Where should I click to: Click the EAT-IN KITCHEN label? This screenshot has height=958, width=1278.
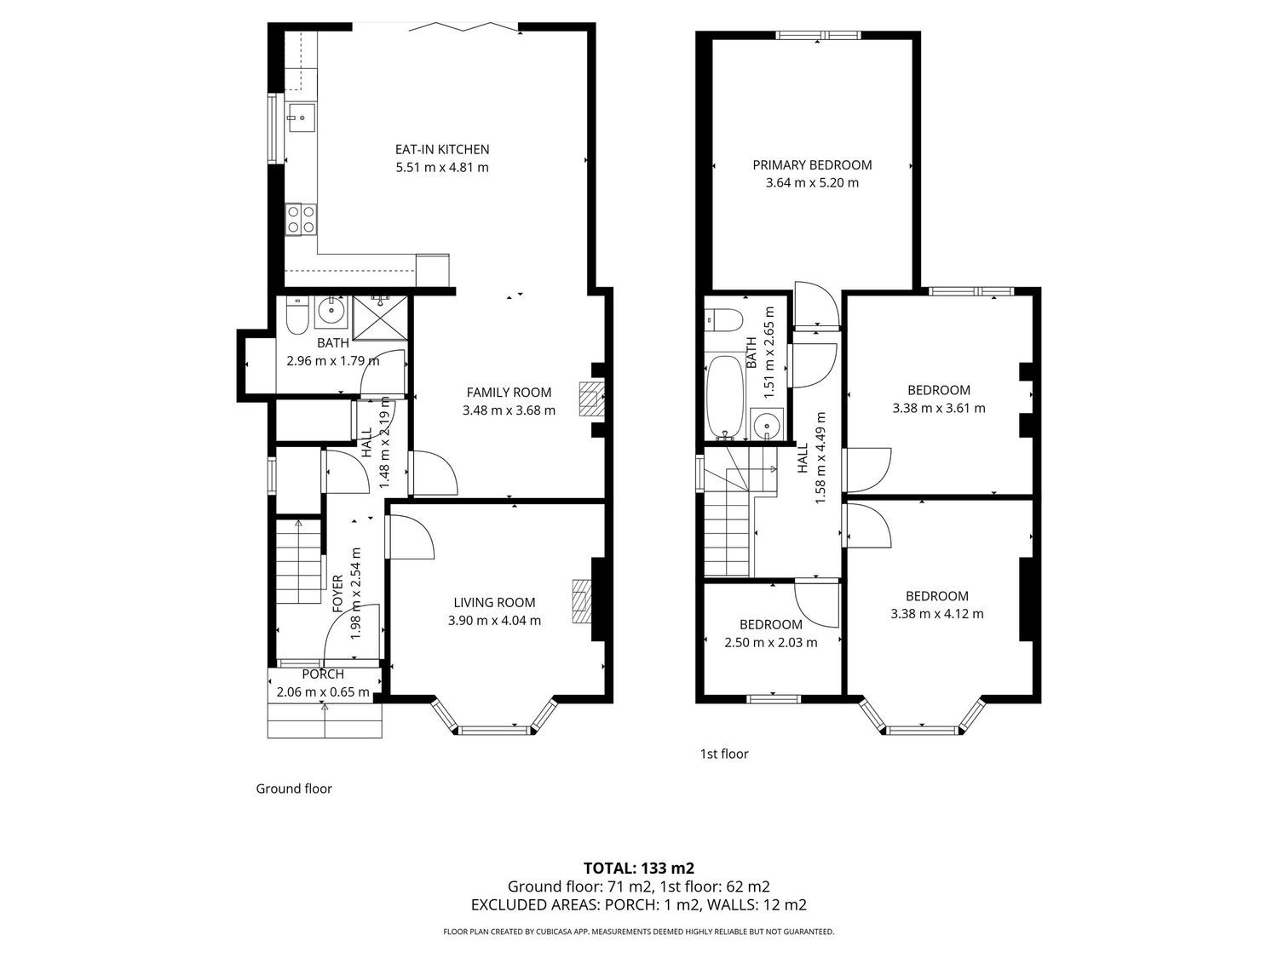click(442, 150)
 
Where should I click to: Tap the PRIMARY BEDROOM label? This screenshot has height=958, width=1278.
click(812, 165)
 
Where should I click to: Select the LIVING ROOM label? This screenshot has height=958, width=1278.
click(494, 603)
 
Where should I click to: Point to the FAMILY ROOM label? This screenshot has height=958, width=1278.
click(509, 393)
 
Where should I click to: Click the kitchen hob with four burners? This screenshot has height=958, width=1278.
click(301, 220)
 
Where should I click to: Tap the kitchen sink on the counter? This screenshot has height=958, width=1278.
click(301, 118)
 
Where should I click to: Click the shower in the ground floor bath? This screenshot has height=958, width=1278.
click(381, 317)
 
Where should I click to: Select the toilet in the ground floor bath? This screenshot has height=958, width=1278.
click(296, 317)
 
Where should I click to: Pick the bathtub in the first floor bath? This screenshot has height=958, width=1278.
click(725, 398)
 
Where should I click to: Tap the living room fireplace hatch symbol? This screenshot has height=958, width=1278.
click(582, 601)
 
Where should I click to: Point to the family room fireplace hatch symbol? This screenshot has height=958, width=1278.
click(591, 399)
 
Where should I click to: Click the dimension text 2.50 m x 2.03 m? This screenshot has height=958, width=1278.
click(771, 643)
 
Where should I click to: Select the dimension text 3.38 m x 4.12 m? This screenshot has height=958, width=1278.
click(937, 614)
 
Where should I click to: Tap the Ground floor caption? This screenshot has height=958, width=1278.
click(294, 789)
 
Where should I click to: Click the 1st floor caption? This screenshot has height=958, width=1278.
click(723, 754)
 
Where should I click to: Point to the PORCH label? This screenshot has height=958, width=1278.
click(323, 674)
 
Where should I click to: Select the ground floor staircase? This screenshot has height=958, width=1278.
click(298, 561)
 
